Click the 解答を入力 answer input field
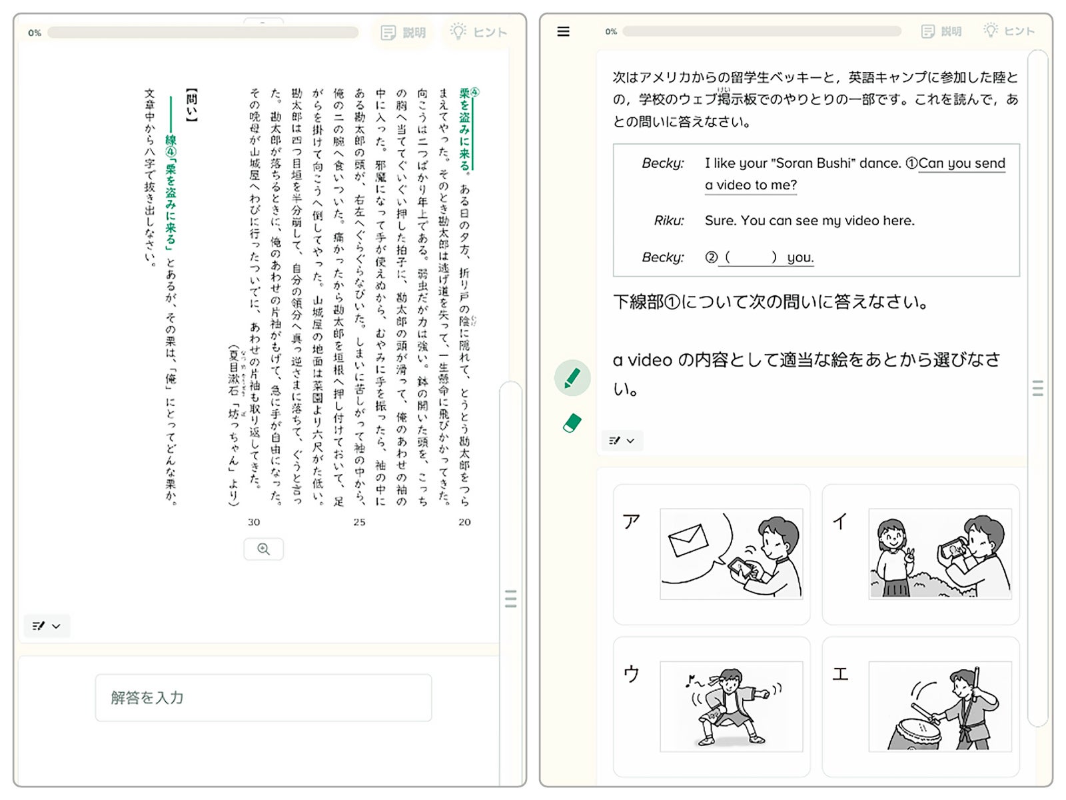pyautogui.click(x=263, y=697)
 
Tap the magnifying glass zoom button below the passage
pyautogui.click(x=263, y=549)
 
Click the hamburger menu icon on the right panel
pyautogui.click(x=563, y=31)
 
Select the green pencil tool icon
pyautogui.click(x=572, y=378)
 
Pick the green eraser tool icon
pyautogui.click(x=572, y=423)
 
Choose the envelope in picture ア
pyautogui.click(x=688, y=539)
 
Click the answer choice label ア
pyautogui.click(x=632, y=521)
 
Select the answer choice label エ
pyautogui.click(x=840, y=674)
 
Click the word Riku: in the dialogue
pyautogui.click(x=669, y=221)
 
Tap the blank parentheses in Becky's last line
pyautogui.click(x=750, y=257)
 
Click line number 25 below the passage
pyautogui.click(x=359, y=522)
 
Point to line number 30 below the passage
pyautogui.click(x=254, y=522)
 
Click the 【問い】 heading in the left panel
pyautogui.click(x=192, y=105)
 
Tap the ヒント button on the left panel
pyautogui.click(x=479, y=32)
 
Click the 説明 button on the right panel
pyautogui.click(x=941, y=31)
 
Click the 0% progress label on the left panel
pyautogui.click(x=35, y=33)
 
